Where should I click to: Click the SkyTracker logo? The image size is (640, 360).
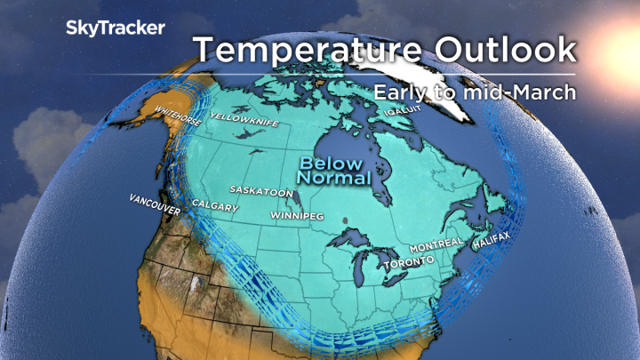pos(115,28)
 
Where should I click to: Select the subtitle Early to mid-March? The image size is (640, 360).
pos(474,91)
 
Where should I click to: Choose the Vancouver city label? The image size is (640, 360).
pos(155,204)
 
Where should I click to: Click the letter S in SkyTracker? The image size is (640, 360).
pos(72,28)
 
